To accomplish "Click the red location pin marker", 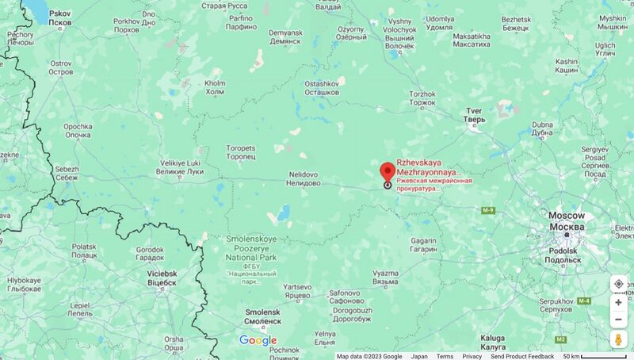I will (x=388, y=172).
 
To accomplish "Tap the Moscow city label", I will (x=566, y=221).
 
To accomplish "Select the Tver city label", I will (x=474, y=114).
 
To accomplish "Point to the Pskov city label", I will (x=59, y=17).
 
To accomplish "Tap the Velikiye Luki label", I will (x=180, y=167).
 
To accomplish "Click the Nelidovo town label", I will (x=304, y=178).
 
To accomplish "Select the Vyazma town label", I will (x=385, y=277).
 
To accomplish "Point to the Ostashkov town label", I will (x=323, y=87).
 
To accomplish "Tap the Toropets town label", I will (x=241, y=151).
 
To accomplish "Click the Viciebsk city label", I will (x=162, y=278).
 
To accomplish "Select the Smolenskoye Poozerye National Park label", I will (x=250, y=247).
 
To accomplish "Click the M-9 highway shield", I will (x=487, y=210).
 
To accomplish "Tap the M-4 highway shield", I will (x=584, y=301).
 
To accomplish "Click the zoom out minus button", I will (x=618, y=320).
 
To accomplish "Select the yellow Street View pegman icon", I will (x=618, y=339).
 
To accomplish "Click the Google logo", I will (x=258, y=341).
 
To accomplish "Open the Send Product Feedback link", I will (x=522, y=356).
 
